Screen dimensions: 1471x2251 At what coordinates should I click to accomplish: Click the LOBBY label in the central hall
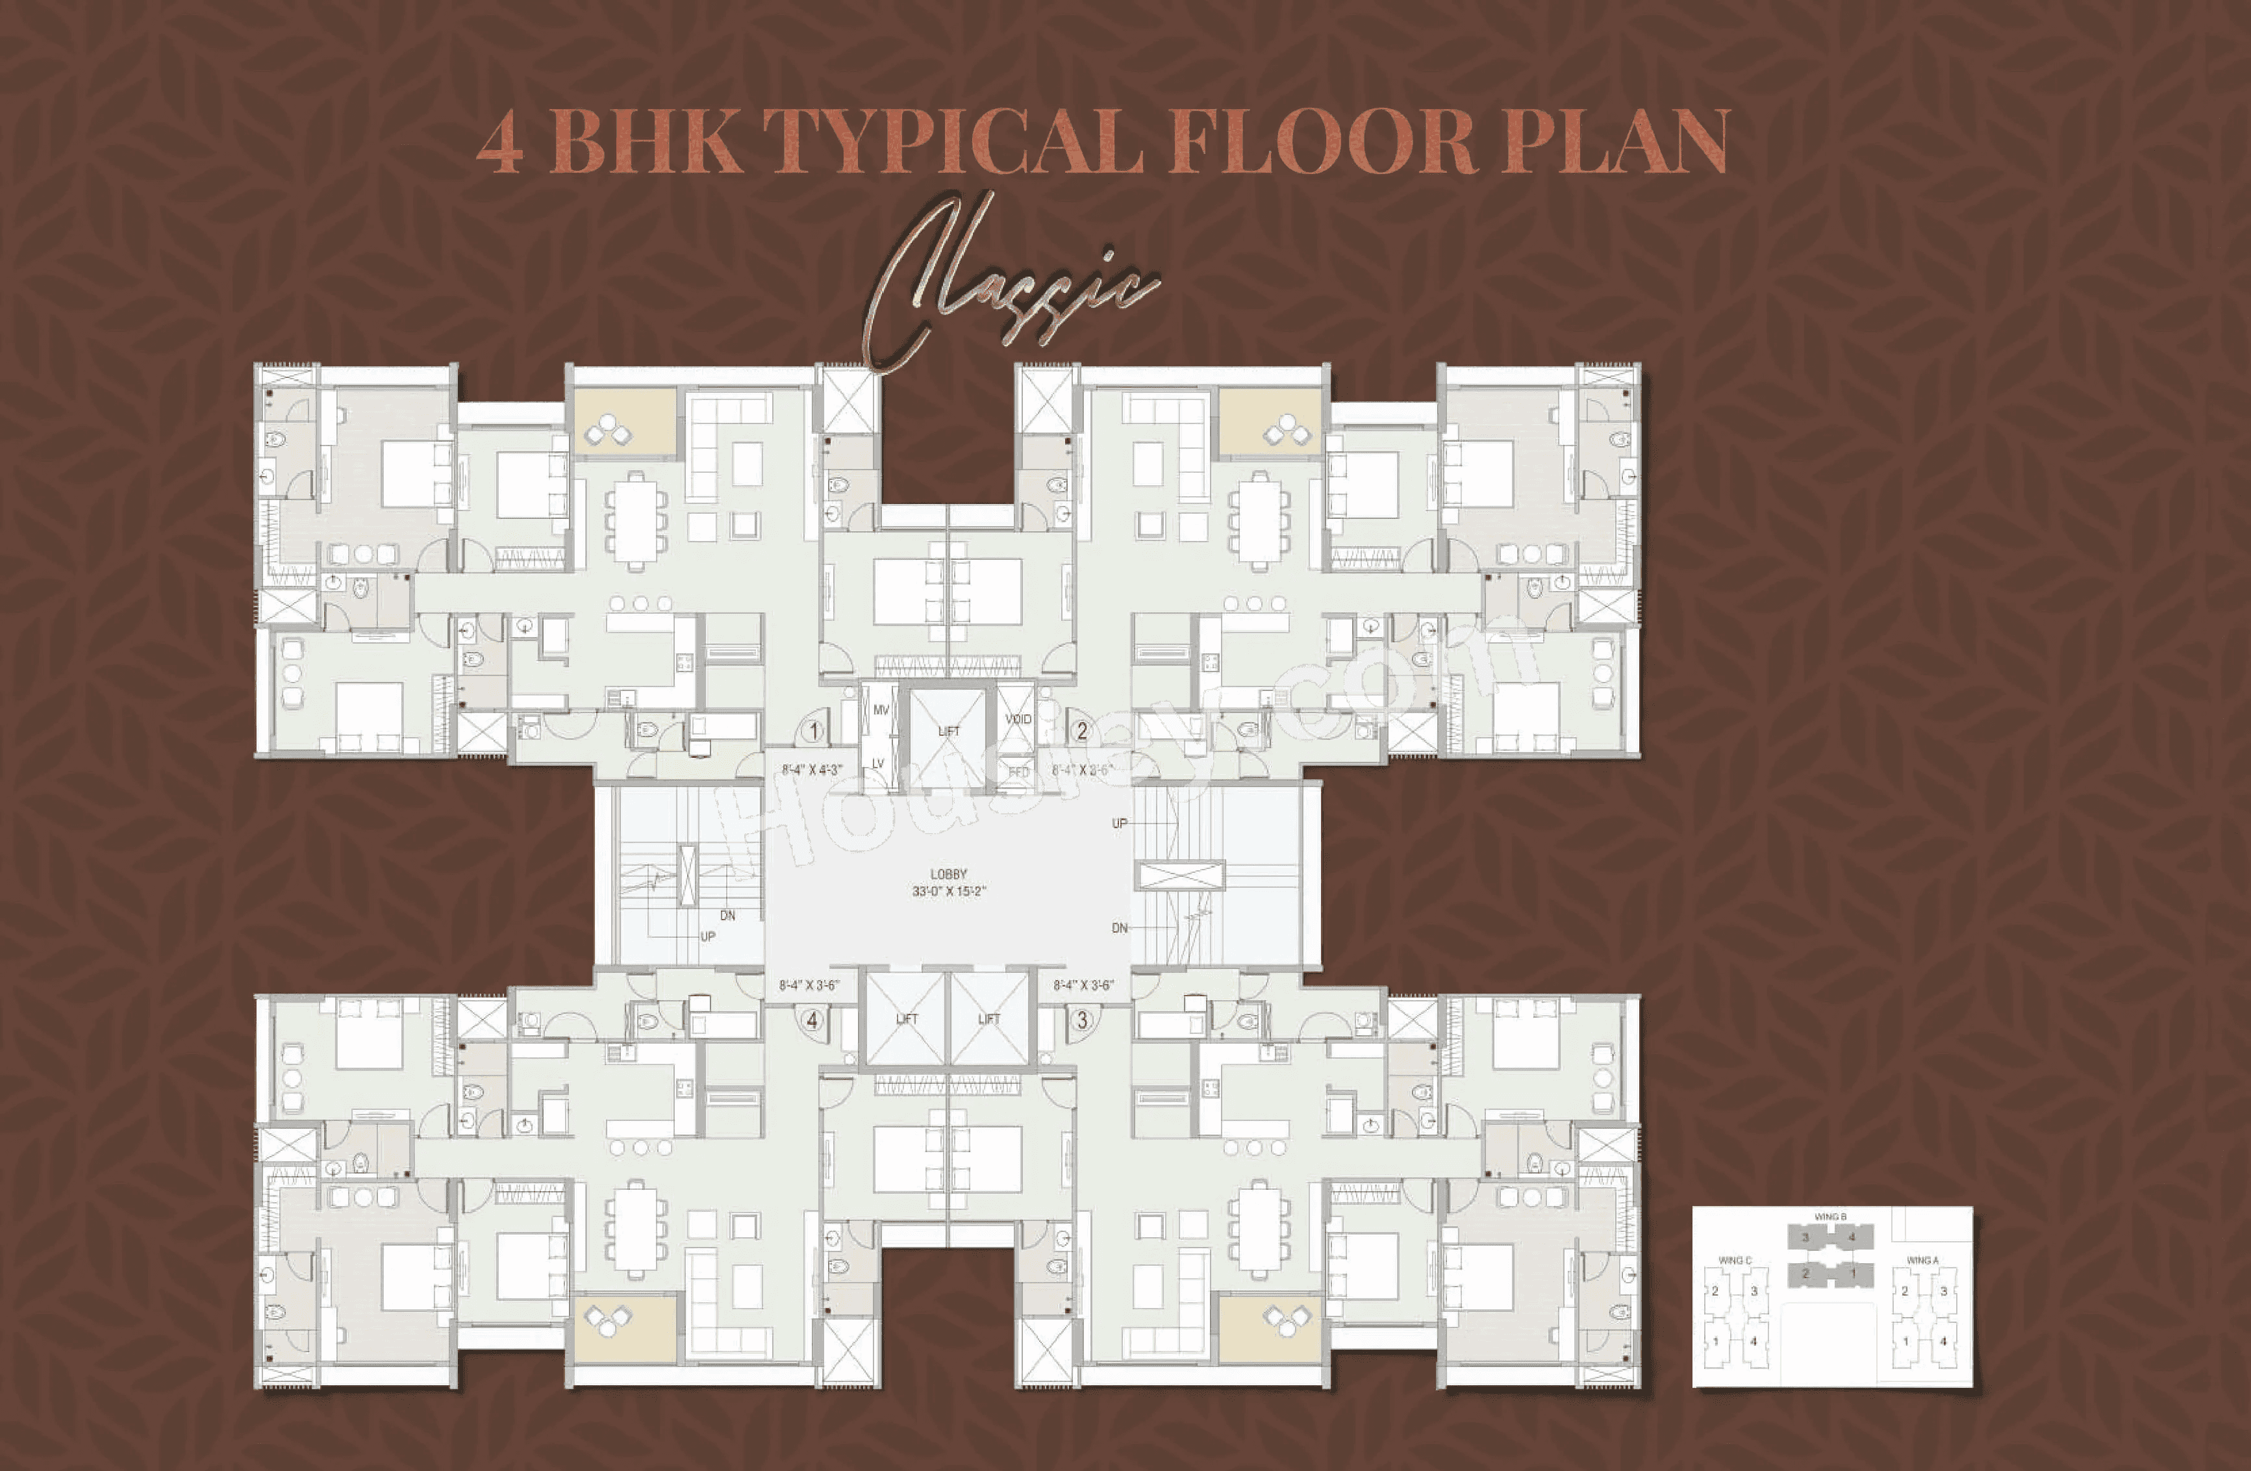(948, 875)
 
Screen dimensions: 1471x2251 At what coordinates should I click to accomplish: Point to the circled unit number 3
(1081, 1020)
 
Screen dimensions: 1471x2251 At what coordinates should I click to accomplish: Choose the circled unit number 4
(812, 1020)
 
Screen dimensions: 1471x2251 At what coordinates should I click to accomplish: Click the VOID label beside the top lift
(1018, 719)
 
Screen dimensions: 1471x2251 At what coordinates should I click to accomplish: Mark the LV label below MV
(877, 763)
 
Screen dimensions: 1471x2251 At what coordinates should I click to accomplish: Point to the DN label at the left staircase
(727, 916)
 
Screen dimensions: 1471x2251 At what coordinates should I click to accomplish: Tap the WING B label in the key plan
(1830, 1216)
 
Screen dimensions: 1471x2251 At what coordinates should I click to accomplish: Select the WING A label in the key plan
(1922, 1260)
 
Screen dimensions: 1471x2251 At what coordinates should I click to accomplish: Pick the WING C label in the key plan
(1735, 1260)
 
